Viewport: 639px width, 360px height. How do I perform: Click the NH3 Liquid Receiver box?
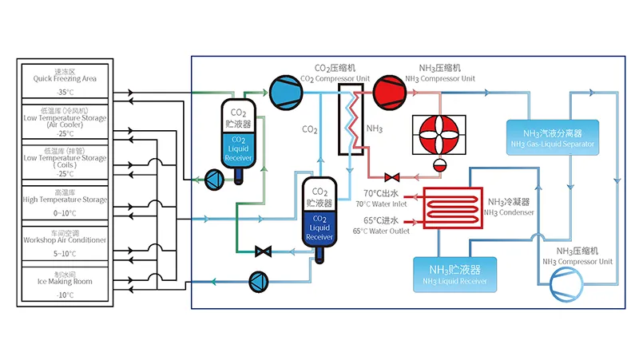coord(454,274)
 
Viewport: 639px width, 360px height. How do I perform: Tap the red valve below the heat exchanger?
coord(391,177)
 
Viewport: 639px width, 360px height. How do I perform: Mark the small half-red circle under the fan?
coord(439,165)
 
